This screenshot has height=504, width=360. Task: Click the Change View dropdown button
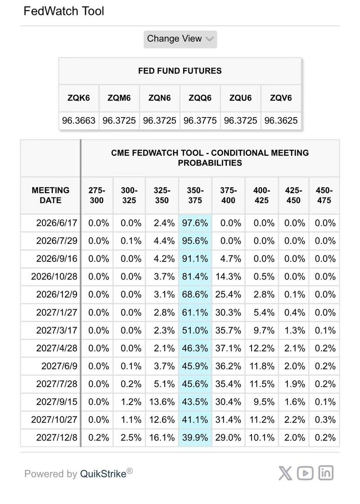pos(180,39)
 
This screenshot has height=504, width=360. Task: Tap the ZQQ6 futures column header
pos(200,98)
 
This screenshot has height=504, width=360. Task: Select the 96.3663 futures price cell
pos(79,121)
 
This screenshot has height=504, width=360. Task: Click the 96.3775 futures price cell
pos(200,121)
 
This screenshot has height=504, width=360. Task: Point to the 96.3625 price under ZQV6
pos(281,121)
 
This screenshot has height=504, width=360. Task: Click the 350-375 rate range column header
pos(195,195)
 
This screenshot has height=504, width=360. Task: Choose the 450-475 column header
pos(324,195)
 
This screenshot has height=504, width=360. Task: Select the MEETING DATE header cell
pos(50,195)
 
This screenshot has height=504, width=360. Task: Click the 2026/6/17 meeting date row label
pos(57,223)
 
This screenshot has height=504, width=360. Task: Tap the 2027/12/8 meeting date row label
pos(57,437)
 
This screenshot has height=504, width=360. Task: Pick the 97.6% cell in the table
pos(195,223)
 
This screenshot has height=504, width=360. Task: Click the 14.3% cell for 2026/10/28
pos(228,276)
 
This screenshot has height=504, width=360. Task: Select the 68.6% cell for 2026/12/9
pos(195,294)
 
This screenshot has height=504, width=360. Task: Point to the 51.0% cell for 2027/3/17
pos(195,330)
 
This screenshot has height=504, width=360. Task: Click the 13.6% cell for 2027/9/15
pos(162,402)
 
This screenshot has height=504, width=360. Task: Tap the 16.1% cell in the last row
pos(162,437)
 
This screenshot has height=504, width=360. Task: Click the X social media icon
pos(285,473)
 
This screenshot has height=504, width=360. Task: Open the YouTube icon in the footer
pos(306,473)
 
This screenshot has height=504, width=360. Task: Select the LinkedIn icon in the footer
pos(326,473)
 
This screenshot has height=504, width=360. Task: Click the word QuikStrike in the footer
pos(103,474)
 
